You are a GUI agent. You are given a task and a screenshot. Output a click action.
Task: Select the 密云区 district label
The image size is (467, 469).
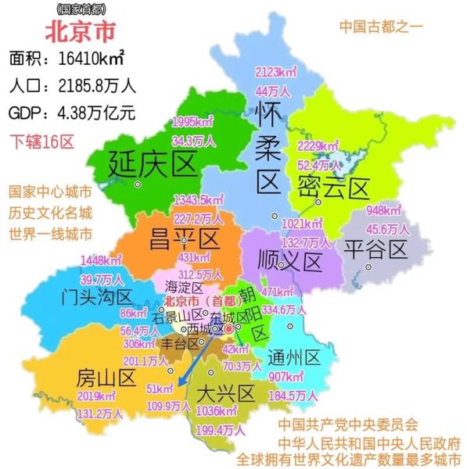tap(332, 188)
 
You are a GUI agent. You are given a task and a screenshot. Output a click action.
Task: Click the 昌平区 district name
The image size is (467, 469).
tap(185, 235)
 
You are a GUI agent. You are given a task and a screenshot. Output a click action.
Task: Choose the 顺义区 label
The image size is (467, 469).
tap(290, 260)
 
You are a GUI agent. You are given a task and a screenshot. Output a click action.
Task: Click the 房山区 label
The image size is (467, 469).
tap(106, 379)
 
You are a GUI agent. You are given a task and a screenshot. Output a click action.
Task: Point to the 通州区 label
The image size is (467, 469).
tap(293, 358)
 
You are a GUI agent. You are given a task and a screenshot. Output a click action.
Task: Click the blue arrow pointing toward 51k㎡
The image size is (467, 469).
tap(193, 361)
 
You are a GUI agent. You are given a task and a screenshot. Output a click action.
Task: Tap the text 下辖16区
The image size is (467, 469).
tap(41, 141)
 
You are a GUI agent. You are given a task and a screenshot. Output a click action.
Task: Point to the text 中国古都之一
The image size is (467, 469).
tap(380, 26)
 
